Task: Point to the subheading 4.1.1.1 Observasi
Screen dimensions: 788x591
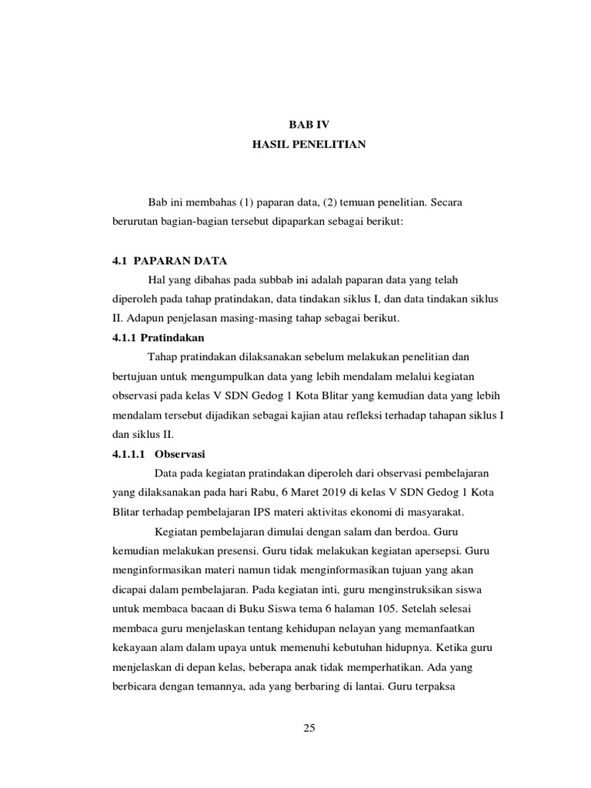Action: pos(158,453)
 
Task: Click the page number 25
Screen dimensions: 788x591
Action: pos(309,730)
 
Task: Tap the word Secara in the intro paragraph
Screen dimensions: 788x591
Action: pos(447,202)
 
